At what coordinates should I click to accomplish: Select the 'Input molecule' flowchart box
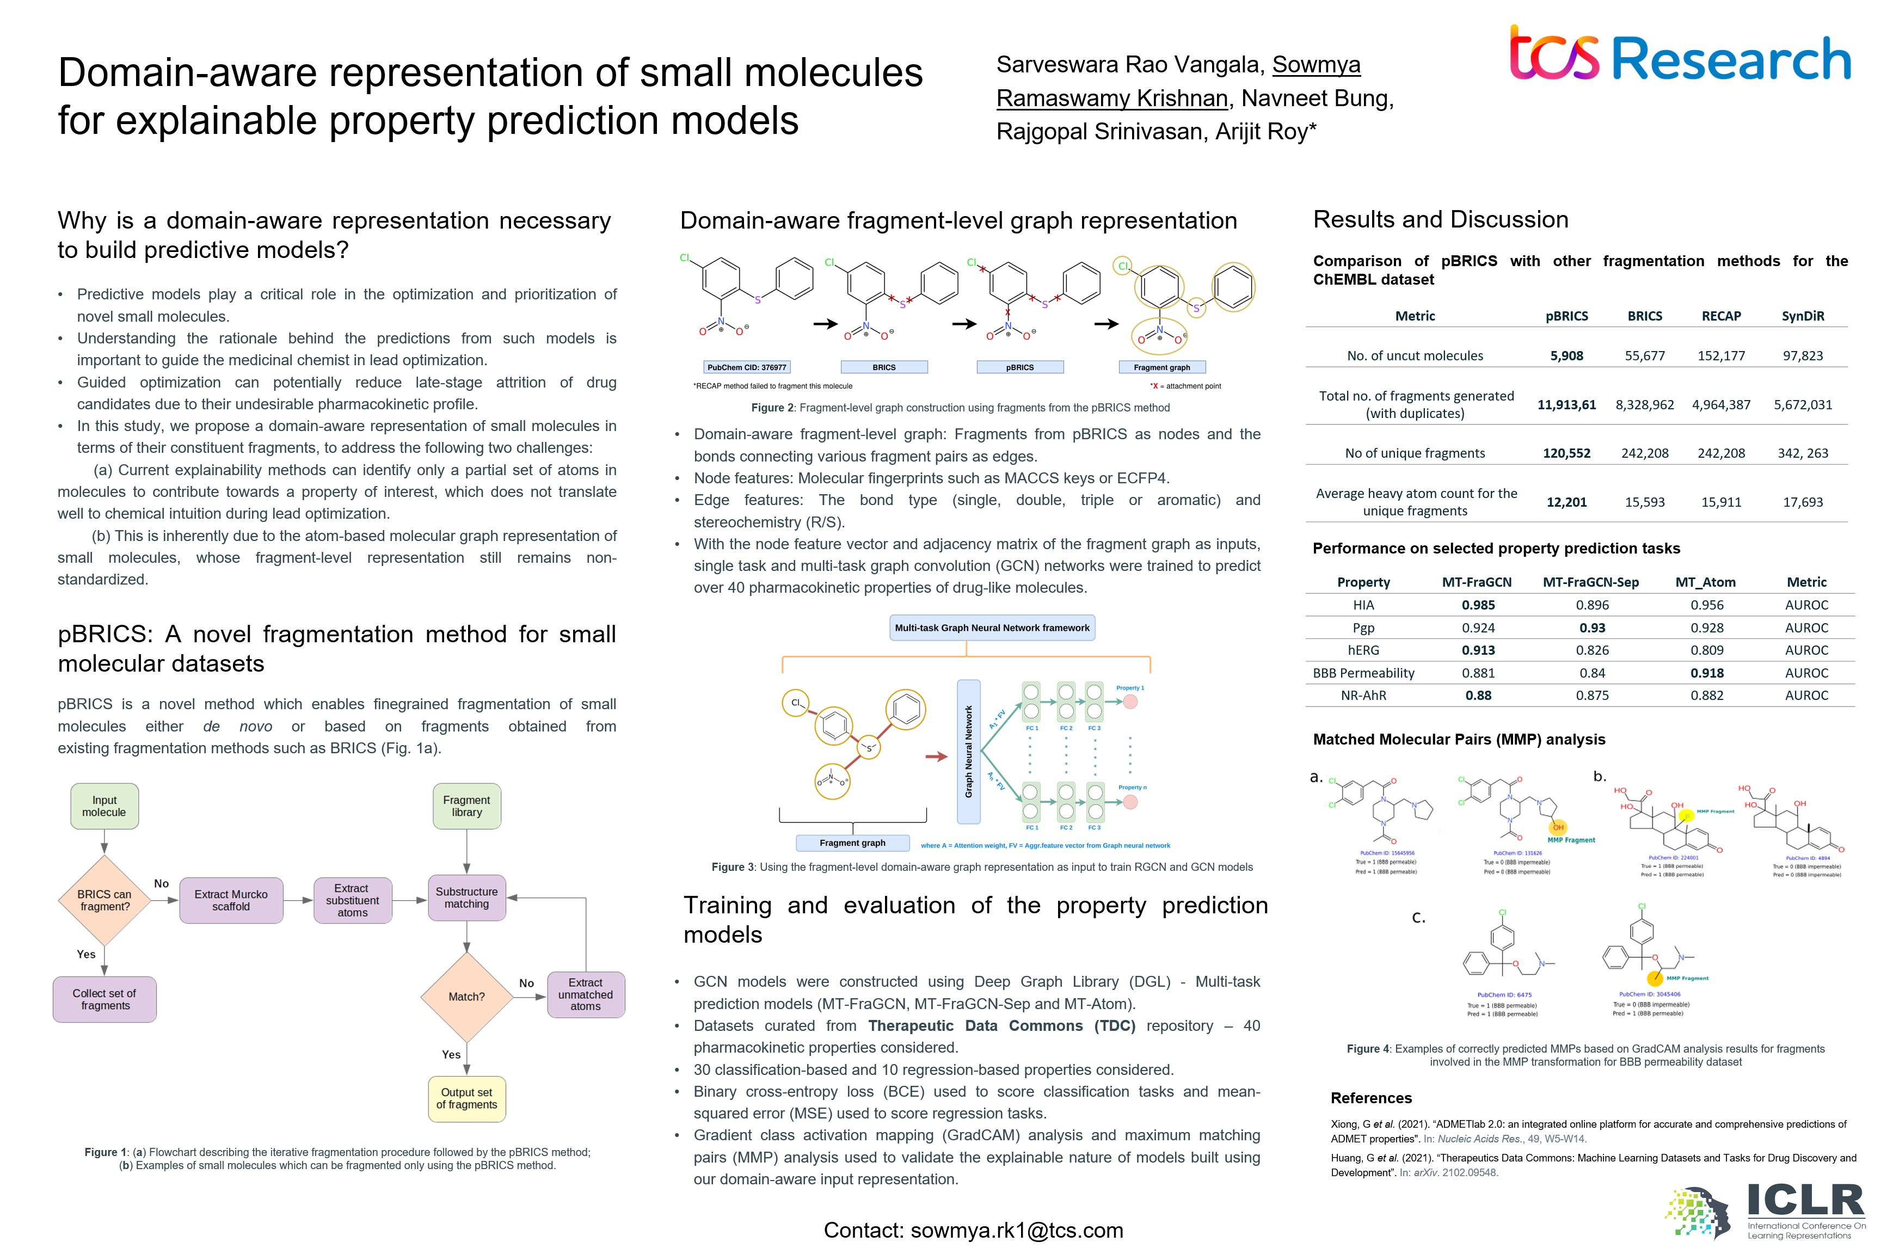pyautogui.click(x=104, y=806)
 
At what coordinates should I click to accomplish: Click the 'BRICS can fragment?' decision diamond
pyautogui.click(x=104, y=901)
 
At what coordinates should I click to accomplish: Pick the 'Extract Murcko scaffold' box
pyautogui.click(x=231, y=901)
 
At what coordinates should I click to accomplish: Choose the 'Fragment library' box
pyautogui.click(x=466, y=806)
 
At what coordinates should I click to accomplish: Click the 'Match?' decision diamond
pyautogui.click(x=466, y=997)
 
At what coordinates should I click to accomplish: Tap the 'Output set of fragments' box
pyautogui.click(x=466, y=1099)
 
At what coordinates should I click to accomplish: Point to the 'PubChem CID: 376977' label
pyautogui.click(x=746, y=367)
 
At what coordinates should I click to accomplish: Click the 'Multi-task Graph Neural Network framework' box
pyautogui.click(x=992, y=628)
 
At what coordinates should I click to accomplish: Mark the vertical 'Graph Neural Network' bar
pyautogui.click(x=968, y=752)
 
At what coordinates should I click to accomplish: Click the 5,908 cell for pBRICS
pyautogui.click(x=1566, y=356)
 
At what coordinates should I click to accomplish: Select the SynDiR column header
pyautogui.click(x=1803, y=316)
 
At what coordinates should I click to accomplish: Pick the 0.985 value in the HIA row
pyautogui.click(x=1478, y=605)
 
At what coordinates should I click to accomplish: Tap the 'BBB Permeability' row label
pyautogui.click(x=1363, y=673)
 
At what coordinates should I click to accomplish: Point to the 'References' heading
pyautogui.click(x=1371, y=1098)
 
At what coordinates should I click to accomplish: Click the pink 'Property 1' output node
pyautogui.click(x=1130, y=702)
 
